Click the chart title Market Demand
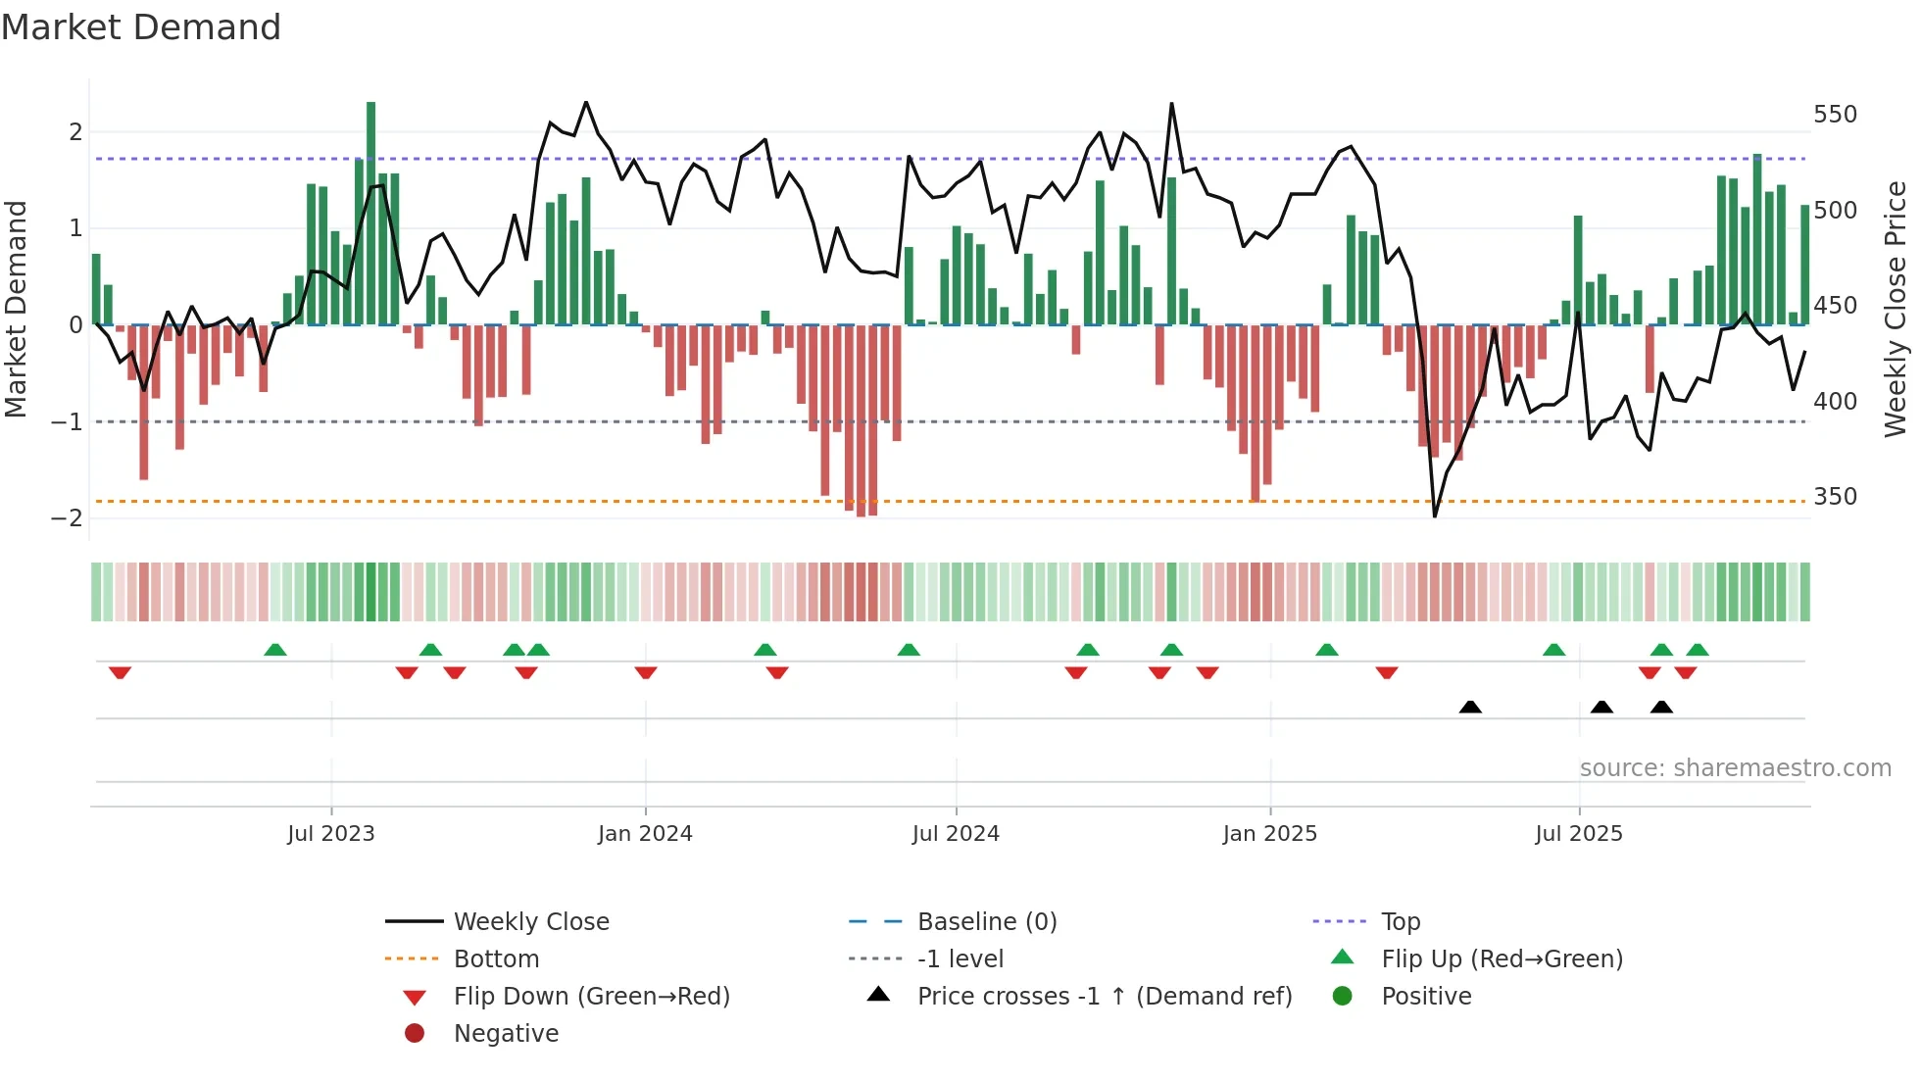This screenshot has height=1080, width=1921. point(141,27)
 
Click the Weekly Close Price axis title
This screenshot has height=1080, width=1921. point(1896,309)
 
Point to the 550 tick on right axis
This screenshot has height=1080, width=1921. point(1835,115)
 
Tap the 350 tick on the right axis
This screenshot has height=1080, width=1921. point(1835,497)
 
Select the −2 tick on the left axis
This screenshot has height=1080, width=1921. point(67,518)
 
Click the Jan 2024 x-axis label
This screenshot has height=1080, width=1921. point(645,834)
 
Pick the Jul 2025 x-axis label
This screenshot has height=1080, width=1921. point(1579,834)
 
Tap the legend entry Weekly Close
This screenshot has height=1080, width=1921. point(530,922)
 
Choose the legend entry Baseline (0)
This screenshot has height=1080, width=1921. point(986,922)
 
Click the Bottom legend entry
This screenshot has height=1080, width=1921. point(496,959)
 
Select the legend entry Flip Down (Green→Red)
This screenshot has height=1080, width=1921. point(591,997)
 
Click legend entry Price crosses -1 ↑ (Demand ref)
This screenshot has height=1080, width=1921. point(1104,997)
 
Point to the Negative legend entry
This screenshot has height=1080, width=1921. point(506,1034)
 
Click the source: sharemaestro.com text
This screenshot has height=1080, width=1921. point(1735,768)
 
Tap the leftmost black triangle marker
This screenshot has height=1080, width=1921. point(1470,707)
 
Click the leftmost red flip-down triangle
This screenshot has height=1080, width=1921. point(120,672)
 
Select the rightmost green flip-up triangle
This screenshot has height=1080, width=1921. point(1698,650)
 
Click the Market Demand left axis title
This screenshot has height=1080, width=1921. point(16,309)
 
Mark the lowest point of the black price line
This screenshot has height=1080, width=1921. point(1435,516)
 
